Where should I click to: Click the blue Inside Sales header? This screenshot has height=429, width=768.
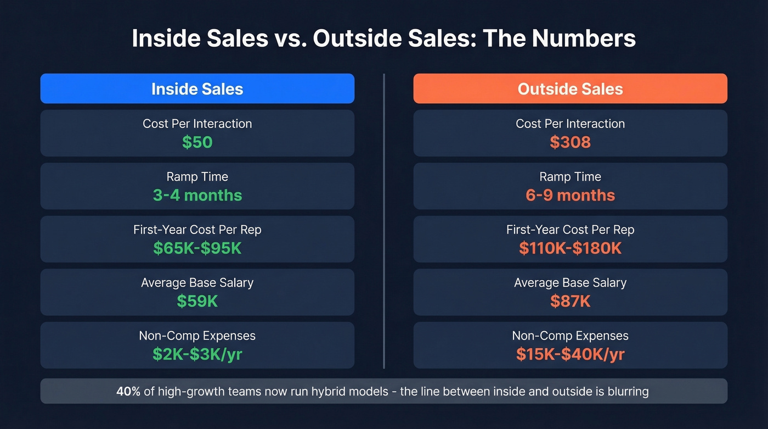(197, 89)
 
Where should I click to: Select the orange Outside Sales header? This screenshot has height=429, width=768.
(570, 89)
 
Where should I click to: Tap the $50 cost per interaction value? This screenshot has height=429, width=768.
(197, 142)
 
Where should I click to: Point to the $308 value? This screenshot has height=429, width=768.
(570, 142)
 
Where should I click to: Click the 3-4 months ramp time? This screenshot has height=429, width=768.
(197, 195)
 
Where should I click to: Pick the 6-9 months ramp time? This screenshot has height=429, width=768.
(570, 195)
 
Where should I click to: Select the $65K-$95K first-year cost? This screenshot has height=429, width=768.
(197, 248)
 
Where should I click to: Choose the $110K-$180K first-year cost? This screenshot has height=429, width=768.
(570, 248)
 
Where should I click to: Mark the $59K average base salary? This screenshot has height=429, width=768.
(197, 301)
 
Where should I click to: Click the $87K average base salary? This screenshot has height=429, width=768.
(570, 301)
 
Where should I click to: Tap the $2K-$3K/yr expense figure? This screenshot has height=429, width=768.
(197, 354)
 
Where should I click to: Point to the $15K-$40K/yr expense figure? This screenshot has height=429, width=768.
(570, 354)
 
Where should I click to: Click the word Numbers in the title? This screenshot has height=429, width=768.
(585, 39)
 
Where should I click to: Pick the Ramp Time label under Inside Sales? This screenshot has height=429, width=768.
(197, 177)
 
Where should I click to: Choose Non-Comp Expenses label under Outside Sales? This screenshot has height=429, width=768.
(570, 336)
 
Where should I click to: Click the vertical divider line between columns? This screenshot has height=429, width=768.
(384, 220)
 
